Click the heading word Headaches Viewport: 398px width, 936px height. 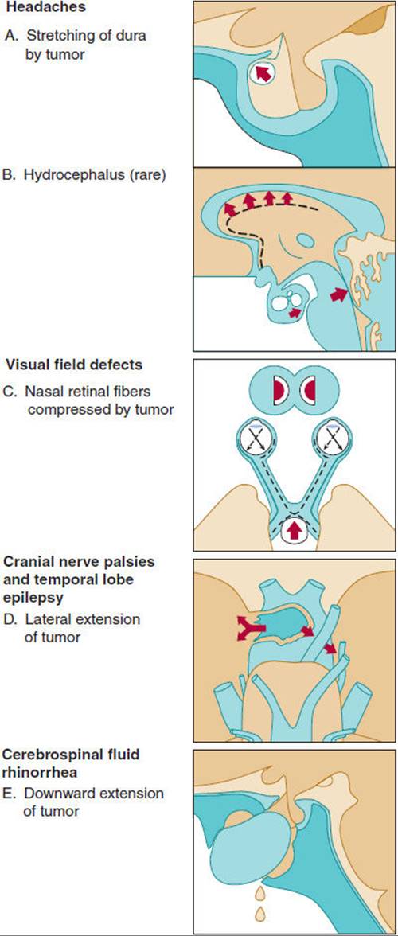click(x=45, y=8)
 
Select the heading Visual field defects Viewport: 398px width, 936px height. click(x=73, y=365)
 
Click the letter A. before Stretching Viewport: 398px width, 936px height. click(x=12, y=36)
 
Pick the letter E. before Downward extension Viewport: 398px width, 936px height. click(x=12, y=794)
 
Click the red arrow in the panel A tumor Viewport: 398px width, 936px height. click(x=263, y=73)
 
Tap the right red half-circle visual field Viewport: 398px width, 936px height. click(x=309, y=392)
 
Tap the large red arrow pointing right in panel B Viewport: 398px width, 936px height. click(x=338, y=294)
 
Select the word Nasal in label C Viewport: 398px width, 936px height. click(x=44, y=392)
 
